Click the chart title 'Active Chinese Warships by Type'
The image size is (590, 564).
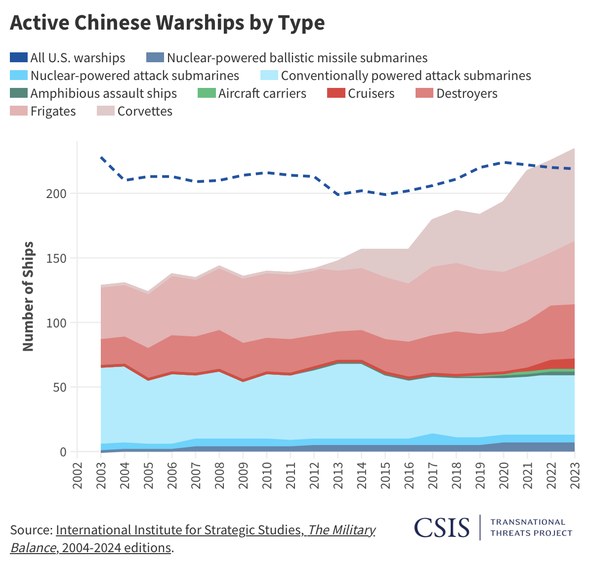coord(167,23)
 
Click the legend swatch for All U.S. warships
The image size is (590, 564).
coord(18,58)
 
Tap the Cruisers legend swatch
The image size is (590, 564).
coord(336,93)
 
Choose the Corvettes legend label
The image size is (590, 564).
coord(145,111)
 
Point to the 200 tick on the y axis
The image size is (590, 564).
coord(56,194)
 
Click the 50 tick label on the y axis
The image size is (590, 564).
coord(59,387)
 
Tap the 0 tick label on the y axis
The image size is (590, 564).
coord(63,452)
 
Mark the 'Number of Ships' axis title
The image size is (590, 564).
coord(28,296)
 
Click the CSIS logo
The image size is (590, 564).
coord(442,527)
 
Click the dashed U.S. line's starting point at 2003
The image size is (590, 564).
coord(101,157)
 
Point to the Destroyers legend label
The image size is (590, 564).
coord(466,93)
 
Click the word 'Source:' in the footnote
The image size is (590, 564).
coord(31,530)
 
